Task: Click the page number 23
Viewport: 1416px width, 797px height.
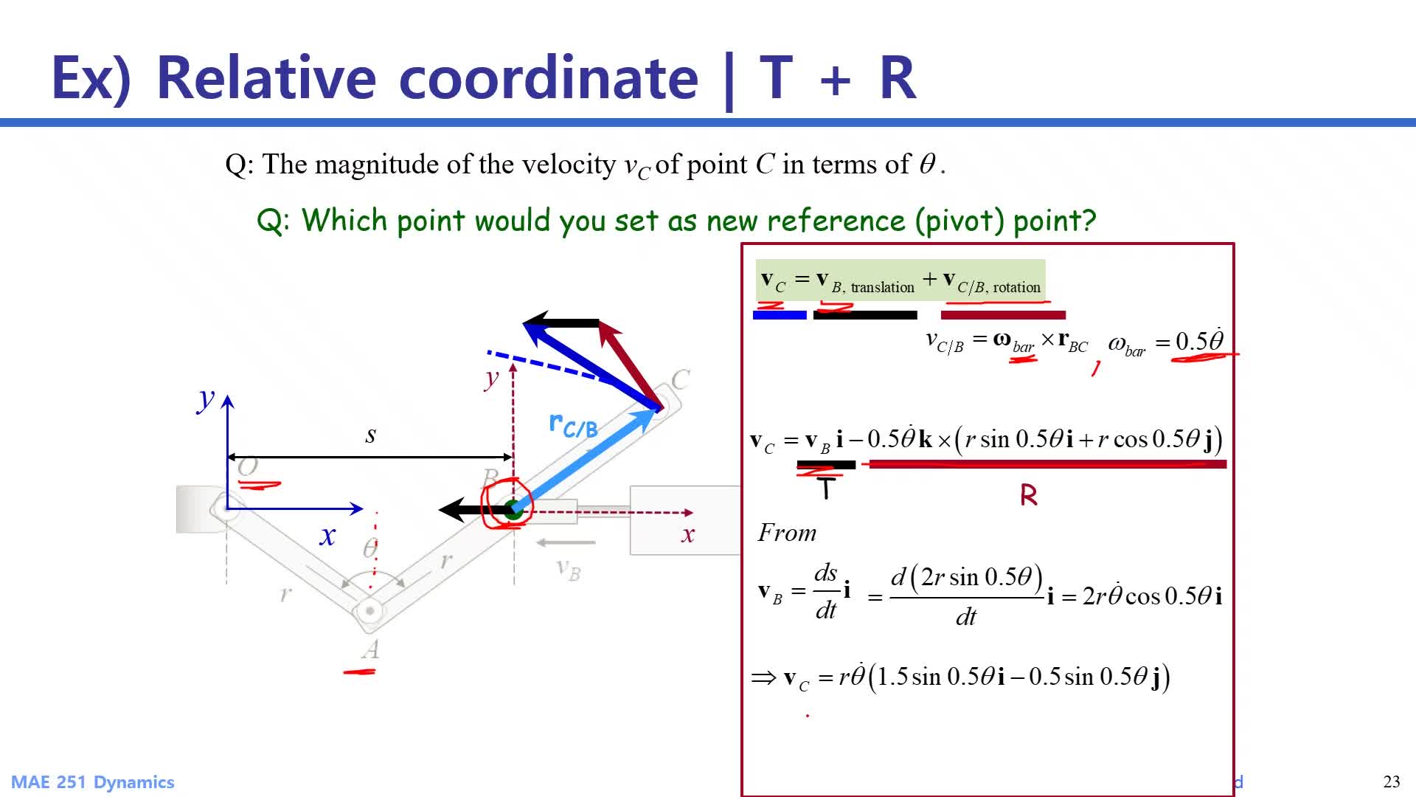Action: (1392, 782)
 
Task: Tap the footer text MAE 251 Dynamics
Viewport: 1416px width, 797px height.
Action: (93, 782)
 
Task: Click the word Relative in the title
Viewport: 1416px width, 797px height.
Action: (266, 77)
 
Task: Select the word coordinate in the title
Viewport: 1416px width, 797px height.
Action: (548, 77)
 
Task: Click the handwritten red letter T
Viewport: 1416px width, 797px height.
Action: (826, 488)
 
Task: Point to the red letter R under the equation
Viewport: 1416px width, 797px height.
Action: (1029, 495)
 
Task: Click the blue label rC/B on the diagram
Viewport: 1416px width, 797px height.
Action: (573, 424)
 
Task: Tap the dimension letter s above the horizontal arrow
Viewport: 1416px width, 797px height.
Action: (370, 435)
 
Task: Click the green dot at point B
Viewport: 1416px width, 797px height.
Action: (513, 508)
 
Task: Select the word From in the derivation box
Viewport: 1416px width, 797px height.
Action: (787, 532)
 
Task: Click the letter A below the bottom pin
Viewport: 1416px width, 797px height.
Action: (371, 649)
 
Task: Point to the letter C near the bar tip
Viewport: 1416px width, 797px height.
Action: (681, 379)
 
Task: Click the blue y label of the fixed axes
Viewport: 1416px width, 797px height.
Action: (205, 399)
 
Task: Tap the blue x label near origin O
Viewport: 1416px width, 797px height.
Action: (327, 536)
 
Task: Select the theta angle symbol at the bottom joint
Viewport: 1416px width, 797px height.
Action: (370, 548)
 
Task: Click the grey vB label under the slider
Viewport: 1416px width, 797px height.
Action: (569, 569)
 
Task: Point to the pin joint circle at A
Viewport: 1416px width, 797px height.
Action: (368, 611)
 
